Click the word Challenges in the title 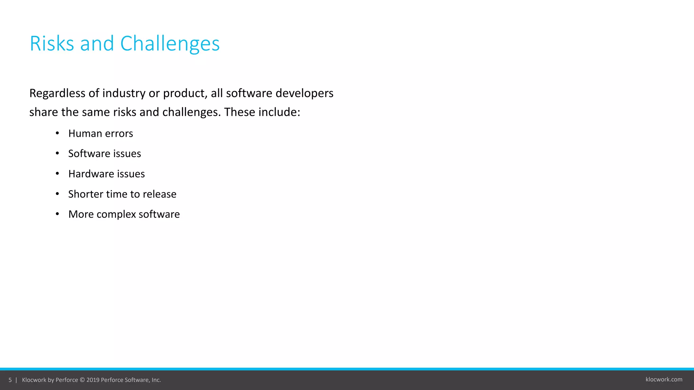coord(170,44)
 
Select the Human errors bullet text coord(101,133)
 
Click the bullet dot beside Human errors coord(57,133)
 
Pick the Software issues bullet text coord(104,154)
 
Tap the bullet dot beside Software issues coord(57,154)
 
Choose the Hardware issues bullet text coord(106,174)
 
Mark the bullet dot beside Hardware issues coord(57,174)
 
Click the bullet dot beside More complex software coord(57,214)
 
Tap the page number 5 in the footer coord(10,380)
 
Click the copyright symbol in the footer coord(82,380)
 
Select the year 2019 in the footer coord(93,380)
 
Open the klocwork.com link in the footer coord(664,380)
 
